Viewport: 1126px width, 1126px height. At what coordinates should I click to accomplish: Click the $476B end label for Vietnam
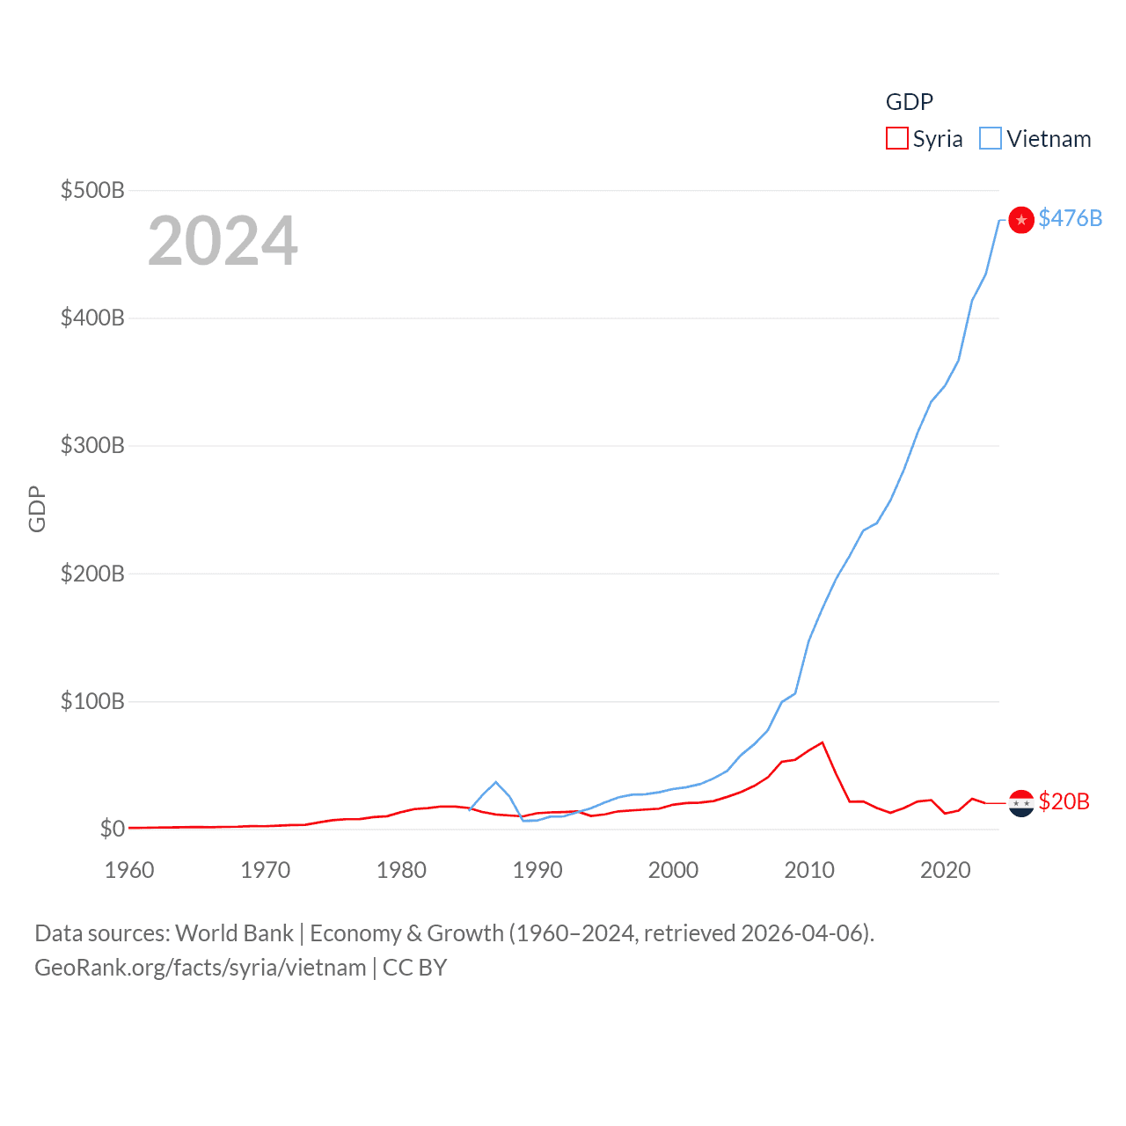pyautogui.click(x=1070, y=218)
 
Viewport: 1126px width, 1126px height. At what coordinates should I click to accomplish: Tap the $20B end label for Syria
pyautogui.click(x=1064, y=801)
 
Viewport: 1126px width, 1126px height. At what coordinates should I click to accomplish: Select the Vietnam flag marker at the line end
pyautogui.click(x=1020, y=219)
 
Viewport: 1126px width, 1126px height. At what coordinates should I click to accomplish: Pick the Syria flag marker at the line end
pyautogui.click(x=1020, y=803)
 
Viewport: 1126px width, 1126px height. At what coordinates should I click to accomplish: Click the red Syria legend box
pyautogui.click(x=896, y=139)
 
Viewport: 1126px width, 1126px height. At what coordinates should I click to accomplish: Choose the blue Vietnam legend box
pyautogui.click(x=991, y=139)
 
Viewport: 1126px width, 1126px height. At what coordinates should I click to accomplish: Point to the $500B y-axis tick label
pyautogui.click(x=92, y=190)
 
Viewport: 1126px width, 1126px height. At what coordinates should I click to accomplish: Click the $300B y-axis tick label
pyautogui.click(x=92, y=445)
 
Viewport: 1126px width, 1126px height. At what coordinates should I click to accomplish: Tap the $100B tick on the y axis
pyautogui.click(x=92, y=701)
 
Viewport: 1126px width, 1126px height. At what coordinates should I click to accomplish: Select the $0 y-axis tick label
pyautogui.click(x=112, y=829)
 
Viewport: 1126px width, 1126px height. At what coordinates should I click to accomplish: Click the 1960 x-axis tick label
pyautogui.click(x=129, y=870)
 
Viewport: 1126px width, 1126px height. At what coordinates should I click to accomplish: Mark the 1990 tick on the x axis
pyautogui.click(x=537, y=870)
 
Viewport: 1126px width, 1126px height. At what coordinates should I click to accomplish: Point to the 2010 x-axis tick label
pyautogui.click(x=809, y=870)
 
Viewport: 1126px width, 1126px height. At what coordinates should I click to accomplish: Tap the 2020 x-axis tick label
pyautogui.click(x=946, y=870)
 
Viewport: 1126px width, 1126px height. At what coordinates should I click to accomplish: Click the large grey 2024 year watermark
pyautogui.click(x=223, y=241)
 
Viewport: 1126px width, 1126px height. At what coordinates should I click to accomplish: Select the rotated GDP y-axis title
pyautogui.click(x=37, y=508)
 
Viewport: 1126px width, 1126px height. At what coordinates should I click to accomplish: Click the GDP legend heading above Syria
pyautogui.click(x=909, y=102)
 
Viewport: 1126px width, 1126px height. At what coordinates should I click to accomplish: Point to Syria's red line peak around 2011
pyautogui.click(x=823, y=742)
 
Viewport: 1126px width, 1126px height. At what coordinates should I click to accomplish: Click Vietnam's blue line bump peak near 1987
pyautogui.click(x=496, y=782)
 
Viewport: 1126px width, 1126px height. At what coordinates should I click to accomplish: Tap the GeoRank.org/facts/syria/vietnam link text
pyautogui.click(x=200, y=968)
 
